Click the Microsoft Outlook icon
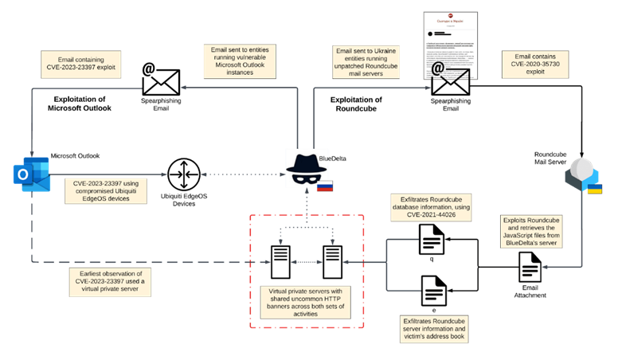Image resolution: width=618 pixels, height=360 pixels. tap(31, 174)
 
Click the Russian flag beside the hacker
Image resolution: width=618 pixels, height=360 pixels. tap(324, 186)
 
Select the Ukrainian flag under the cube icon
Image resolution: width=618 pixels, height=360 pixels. tap(594, 189)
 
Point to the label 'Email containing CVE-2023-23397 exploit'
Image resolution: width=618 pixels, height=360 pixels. tap(80, 65)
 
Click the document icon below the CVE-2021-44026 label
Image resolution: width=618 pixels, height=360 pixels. tap(432, 239)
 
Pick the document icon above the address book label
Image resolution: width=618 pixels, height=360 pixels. tap(434, 291)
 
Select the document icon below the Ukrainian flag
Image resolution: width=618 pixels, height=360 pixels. tap(530, 266)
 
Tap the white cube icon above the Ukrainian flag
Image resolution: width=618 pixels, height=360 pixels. tap(582, 170)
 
